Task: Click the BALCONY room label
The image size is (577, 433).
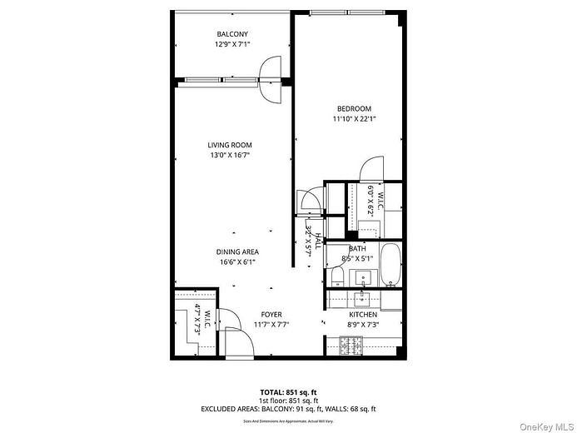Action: [x=232, y=34]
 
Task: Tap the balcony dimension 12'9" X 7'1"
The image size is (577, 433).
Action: [x=232, y=44]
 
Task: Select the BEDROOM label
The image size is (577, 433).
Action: [x=354, y=109]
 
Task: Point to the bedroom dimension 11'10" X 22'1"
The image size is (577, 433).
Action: [x=354, y=119]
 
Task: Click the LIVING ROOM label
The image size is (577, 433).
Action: [x=230, y=145]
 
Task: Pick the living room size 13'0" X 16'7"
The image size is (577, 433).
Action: [x=230, y=155]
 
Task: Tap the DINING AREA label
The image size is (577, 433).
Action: [x=238, y=251]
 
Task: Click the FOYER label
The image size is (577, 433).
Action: [x=271, y=315]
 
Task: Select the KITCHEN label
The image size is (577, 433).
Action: [x=363, y=315]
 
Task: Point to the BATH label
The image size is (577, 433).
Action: [x=357, y=249]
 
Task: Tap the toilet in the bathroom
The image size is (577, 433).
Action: [x=336, y=274]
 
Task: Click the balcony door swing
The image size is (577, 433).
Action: [x=272, y=77]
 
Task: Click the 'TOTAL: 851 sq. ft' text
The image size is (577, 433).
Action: [x=288, y=391]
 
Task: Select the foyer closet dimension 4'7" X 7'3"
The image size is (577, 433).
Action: [x=198, y=320]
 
